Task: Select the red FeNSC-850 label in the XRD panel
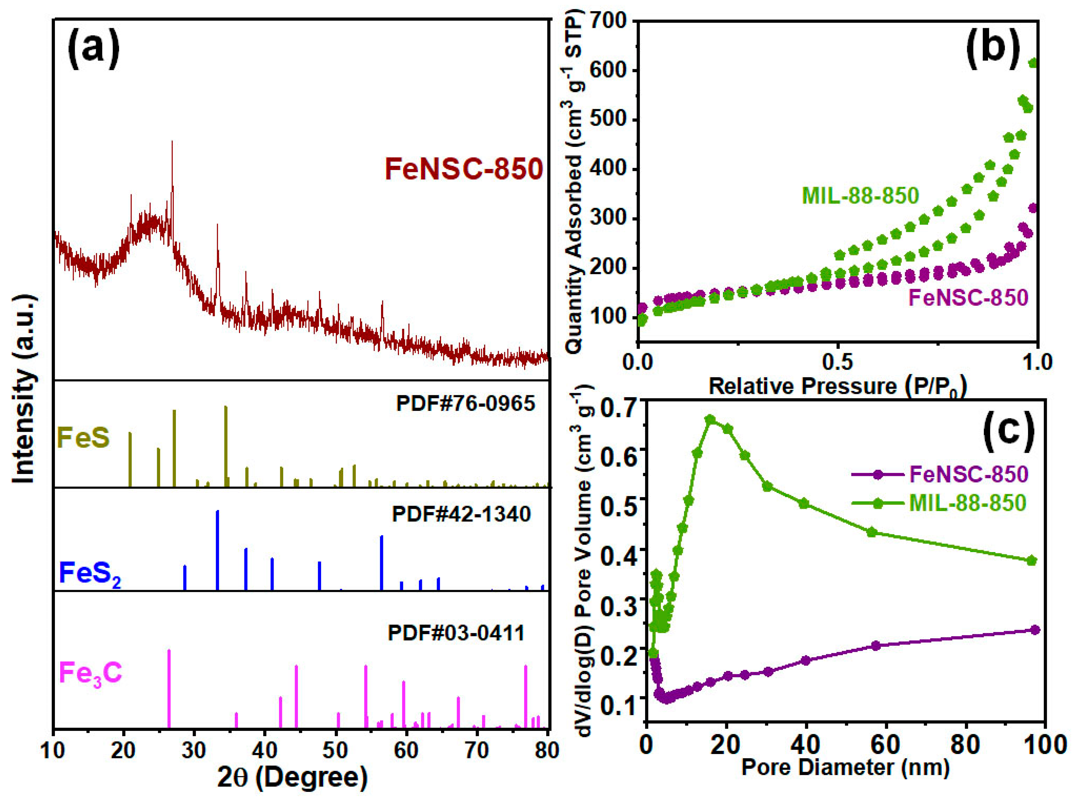(463, 169)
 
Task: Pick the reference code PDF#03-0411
(456, 633)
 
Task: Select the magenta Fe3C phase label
(90, 673)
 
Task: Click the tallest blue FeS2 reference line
(217, 550)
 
